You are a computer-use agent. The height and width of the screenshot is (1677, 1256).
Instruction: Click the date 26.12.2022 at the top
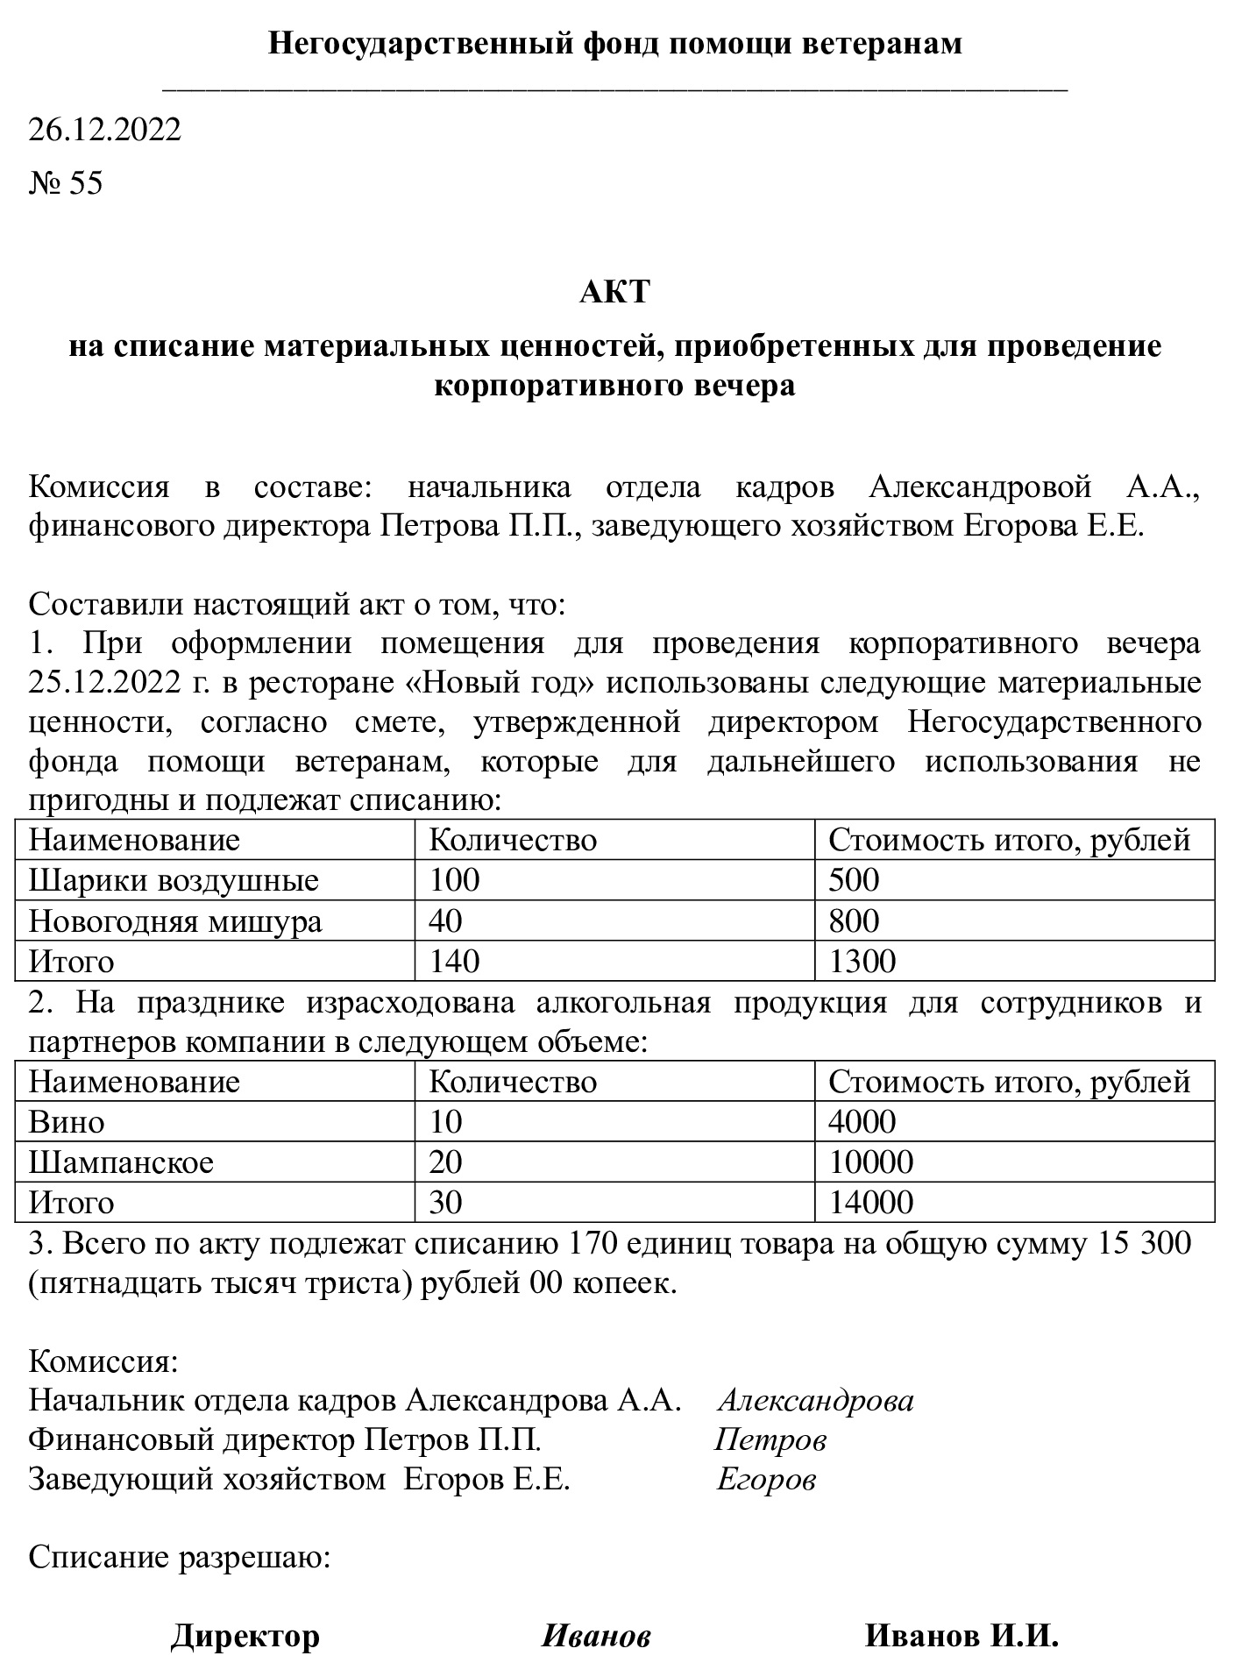click(x=105, y=130)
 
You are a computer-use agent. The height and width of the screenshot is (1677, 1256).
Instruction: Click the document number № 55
click(x=66, y=183)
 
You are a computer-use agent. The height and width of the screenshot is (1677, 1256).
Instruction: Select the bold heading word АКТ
click(x=614, y=292)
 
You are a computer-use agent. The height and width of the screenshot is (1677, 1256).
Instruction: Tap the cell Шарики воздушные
click(x=174, y=880)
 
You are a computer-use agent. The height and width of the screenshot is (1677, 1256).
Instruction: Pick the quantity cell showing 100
click(x=454, y=880)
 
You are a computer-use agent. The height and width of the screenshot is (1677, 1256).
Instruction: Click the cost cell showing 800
click(x=854, y=920)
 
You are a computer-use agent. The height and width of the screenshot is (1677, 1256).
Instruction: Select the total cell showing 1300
click(x=862, y=962)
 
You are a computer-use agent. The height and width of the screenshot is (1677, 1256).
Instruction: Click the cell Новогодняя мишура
click(x=175, y=920)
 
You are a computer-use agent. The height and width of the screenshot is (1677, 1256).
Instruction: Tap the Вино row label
click(x=67, y=1122)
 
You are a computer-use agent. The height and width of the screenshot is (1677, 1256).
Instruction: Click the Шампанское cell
click(x=121, y=1162)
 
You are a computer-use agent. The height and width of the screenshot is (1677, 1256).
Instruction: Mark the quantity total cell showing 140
click(x=454, y=962)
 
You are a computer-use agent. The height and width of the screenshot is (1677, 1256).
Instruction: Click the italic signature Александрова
click(x=815, y=1401)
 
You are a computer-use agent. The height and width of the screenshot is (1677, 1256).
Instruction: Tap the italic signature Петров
click(x=770, y=1439)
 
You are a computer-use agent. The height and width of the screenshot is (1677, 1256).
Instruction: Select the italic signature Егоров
click(x=766, y=1480)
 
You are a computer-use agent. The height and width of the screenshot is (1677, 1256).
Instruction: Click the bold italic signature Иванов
click(x=596, y=1636)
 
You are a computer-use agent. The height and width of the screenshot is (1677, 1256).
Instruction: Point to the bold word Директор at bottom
click(x=245, y=1636)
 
